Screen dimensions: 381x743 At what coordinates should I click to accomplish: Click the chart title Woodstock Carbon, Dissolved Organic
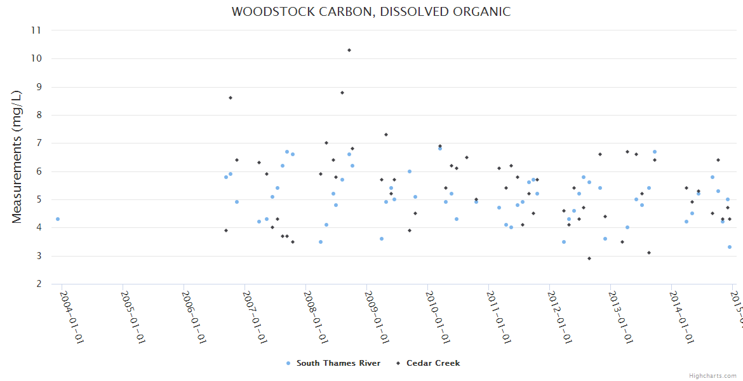pyautogui.click(x=371, y=12)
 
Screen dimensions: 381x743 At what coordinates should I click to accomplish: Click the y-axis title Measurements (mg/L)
pyautogui.click(x=17, y=157)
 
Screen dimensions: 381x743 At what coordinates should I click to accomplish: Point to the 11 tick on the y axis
pyautogui.click(x=36, y=30)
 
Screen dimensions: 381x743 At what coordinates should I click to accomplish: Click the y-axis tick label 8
pyautogui.click(x=38, y=115)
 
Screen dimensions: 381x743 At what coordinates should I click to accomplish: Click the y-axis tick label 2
pyautogui.click(x=38, y=284)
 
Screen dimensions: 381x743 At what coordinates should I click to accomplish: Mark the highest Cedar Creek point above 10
pyautogui.click(x=349, y=50)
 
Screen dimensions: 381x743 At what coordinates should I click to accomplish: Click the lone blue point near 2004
pyautogui.click(x=58, y=219)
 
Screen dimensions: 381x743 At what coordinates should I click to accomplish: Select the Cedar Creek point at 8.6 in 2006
pyautogui.click(x=231, y=98)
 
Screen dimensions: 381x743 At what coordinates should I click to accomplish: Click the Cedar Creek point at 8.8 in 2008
pyautogui.click(x=342, y=93)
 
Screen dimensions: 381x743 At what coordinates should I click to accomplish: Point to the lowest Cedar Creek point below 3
pyautogui.click(x=589, y=258)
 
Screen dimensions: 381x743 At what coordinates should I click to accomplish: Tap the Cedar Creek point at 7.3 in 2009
pyautogui.click(x=386, y=135)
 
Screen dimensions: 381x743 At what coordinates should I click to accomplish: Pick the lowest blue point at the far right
pyautogui.click(x=730, y=247)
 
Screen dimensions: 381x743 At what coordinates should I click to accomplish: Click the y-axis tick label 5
pyautogui.click(x=38, y=199)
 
